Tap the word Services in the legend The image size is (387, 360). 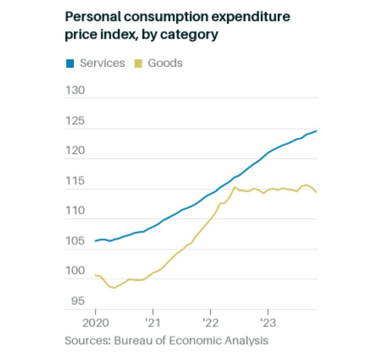(102, 63)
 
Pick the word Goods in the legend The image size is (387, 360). (165, 63)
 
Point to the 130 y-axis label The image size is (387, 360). (75, 90)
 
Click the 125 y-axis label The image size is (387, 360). (75, 121)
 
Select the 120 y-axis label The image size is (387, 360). (75, 151)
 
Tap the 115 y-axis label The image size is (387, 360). (75, 181)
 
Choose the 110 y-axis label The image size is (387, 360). (75, 211)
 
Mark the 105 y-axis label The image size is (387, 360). (75, 241)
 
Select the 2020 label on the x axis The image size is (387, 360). (95, 324)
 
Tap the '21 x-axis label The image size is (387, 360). (153, 324)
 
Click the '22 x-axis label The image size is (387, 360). (210, 324)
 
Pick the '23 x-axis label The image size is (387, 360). (268, 324)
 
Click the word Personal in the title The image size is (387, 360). (90, 17)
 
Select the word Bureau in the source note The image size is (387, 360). (130, 341)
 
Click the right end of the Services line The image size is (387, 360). (316, 131)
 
